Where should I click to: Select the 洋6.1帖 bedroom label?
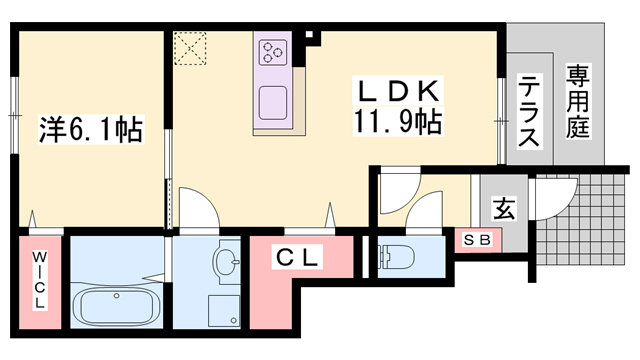point(91,129)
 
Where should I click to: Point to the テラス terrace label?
point(529,113)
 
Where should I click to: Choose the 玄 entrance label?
point(504,210)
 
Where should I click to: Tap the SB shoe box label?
point(477,240)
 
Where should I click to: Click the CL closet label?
point(298,258)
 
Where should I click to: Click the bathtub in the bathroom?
point(118,303)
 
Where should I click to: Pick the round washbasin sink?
point(226,263)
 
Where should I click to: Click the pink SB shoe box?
point(477,240)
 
